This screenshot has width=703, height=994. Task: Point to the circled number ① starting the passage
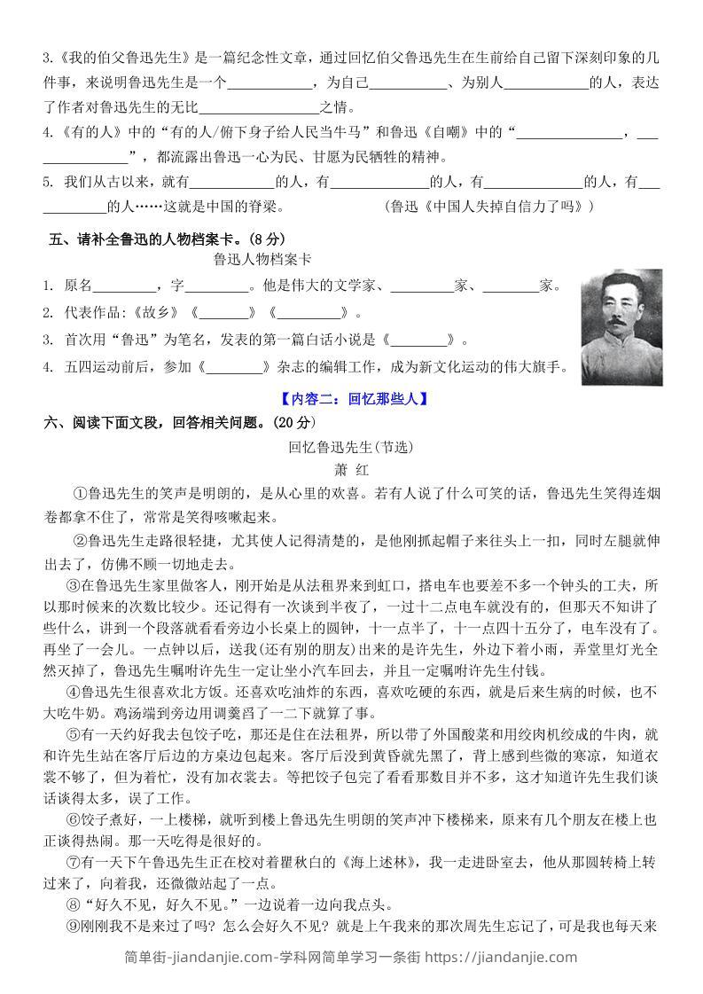click(77, 493)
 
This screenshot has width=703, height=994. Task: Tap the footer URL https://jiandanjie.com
click(504, 957)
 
